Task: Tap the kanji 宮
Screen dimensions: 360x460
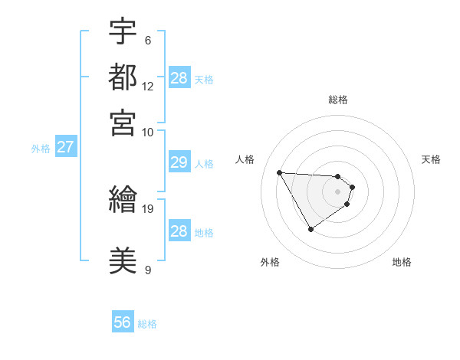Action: [123, 122]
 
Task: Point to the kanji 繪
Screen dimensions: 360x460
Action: [123, 201]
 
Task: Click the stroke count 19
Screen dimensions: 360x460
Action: [149, 208]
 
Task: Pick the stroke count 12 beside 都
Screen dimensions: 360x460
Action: [148, 87]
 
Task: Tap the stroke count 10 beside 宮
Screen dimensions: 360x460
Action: [148, 132]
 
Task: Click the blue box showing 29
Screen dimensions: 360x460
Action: [179, 162]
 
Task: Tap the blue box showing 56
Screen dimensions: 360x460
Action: [123, 323]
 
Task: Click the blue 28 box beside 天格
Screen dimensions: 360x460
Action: [179, 78]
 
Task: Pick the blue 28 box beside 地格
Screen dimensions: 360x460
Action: [179, 231]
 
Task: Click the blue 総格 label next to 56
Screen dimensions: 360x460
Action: [147, 324]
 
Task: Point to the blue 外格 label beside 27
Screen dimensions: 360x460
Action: [40, 149]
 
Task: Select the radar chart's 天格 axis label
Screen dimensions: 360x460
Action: [431, 159]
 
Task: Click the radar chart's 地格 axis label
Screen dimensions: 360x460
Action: [402, 262]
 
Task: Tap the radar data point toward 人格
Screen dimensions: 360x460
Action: [279, 172]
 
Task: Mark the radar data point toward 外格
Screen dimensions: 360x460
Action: [310, 229]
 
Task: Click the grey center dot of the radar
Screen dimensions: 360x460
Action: [337, 191]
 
